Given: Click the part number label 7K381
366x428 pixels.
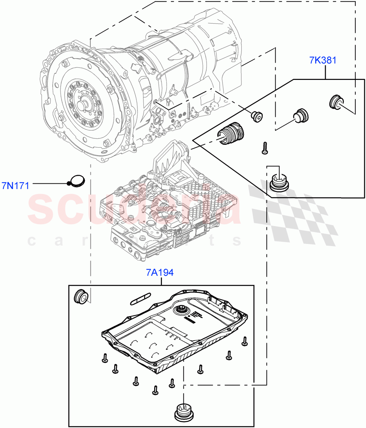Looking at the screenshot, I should click(323, 60).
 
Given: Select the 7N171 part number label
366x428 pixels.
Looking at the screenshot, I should click(15, 185).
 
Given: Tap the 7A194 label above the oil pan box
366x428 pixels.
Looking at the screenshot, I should click(160, 273).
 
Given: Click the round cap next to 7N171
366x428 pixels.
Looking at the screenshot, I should click(77, 180).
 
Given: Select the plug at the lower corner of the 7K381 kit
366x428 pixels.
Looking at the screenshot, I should click(279, 181).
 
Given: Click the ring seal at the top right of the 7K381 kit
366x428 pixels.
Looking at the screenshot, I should click(335, 102).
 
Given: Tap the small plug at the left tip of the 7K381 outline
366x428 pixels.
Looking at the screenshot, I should click(256, 116).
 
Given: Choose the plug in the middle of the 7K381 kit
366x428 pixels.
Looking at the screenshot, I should click(301, 115).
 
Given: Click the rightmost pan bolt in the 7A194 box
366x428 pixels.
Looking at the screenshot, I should click(245, 341).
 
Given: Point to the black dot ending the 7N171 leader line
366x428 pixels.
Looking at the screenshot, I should click(68, 184).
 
